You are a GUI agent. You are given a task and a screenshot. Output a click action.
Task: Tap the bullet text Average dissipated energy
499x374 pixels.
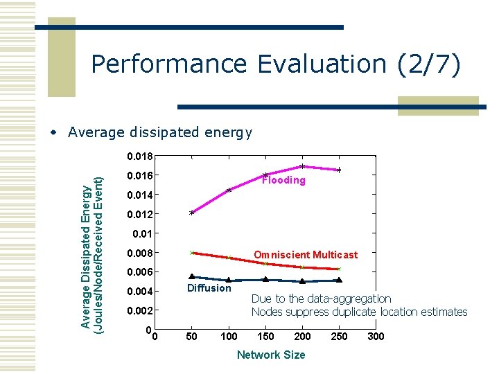[x=160, y=132]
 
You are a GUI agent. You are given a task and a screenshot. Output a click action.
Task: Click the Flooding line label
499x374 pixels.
[x=283, y=180]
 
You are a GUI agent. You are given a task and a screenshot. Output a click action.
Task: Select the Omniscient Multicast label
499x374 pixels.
[x=306, y=255]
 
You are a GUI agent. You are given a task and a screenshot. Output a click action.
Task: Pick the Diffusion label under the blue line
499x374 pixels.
[x=209, y=288]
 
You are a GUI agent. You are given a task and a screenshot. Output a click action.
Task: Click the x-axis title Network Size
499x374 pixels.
[x=270, y=355]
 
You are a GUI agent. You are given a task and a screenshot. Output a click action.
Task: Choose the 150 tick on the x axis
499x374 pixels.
[x=265, y=337]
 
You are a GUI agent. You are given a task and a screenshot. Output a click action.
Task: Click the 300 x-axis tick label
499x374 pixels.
[x=375, y=337]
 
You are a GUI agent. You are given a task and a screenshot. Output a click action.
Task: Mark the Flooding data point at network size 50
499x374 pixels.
[x=192, y=213]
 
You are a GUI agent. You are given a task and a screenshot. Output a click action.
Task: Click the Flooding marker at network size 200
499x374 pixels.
[x=302, y=166]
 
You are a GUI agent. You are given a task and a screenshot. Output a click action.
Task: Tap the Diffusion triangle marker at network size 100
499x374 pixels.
[x=229, y=280]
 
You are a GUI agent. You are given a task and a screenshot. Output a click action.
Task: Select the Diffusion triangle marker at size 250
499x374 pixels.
[x=339, y=280]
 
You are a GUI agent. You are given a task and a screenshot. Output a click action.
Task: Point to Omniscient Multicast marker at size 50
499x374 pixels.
[x=192, y=253]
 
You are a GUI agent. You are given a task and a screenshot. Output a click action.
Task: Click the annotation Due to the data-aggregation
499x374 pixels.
[x=321, y=299]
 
